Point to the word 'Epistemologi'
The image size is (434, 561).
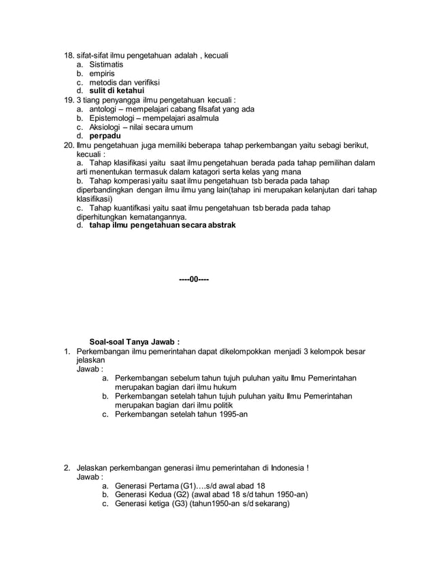(x=114, y=117)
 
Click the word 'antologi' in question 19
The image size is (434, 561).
(x=105, y=109)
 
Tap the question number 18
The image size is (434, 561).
(x=67, y=54)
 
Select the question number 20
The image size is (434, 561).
(x=68, y=145)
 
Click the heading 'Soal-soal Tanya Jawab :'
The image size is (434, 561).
(x=135, y=341)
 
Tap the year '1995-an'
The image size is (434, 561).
(x=231, y=413)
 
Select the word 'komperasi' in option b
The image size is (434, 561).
(x=133, y=181)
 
